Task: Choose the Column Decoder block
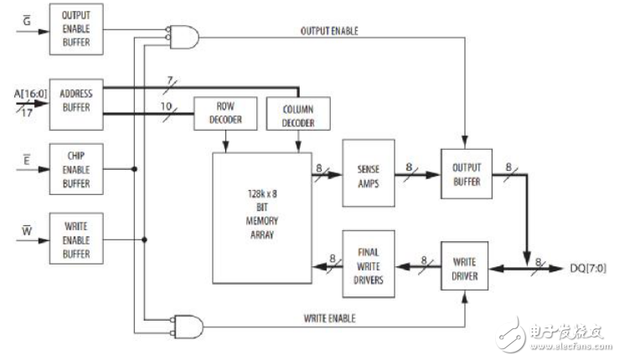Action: click(x=297, y=113)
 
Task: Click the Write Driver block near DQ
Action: click(x=467, y=267)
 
